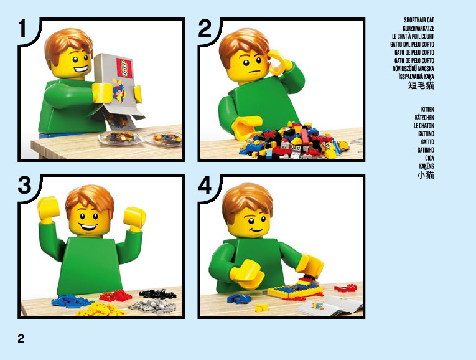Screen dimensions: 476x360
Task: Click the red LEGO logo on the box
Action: [124, 68]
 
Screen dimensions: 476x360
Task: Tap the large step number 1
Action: [23, 28]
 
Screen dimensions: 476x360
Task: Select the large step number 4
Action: [205, 186]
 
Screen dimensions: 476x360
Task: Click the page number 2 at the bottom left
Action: [21, 338]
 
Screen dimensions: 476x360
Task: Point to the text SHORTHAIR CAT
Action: [419, 20]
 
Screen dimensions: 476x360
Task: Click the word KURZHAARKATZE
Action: [418, 28]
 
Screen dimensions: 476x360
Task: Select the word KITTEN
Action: [427, 110]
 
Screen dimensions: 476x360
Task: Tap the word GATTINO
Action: [426, 134]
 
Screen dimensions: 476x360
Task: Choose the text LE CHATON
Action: [424, 126]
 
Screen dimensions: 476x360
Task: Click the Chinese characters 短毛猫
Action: [421, 85]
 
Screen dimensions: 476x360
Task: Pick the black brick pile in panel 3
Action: [157, 294]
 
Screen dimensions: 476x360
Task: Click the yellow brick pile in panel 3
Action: [100, 310]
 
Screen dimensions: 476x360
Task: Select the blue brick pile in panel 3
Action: [72, 300]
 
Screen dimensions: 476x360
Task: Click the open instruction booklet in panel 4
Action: [330, 305]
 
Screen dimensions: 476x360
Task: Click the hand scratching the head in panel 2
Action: [278, 63]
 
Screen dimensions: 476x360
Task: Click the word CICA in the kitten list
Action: [429, 158]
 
